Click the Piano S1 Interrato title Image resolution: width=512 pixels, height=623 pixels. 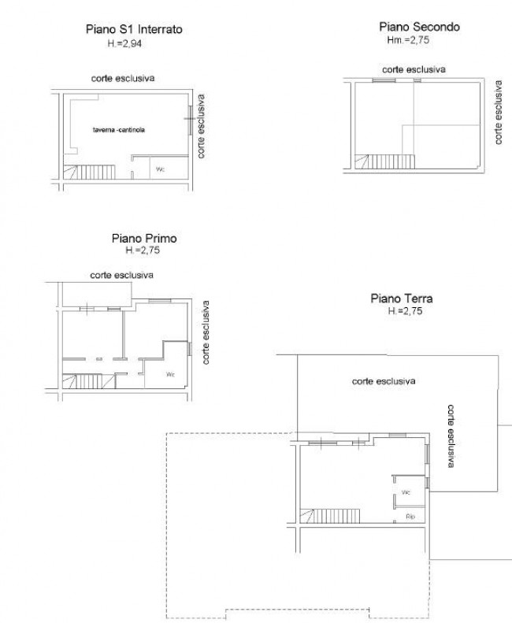click(134, 29)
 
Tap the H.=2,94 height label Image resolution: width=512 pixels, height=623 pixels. click(124, 43)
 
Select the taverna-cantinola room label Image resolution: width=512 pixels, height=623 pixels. click(119, 129)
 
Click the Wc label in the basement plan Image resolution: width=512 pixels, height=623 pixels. click(160, 169)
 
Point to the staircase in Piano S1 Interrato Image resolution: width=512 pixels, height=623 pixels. click(90, 172)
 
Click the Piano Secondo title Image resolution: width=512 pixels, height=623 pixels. click(419, 27)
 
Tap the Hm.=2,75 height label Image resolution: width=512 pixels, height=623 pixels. click(408, 39)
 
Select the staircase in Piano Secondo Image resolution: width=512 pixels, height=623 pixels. click(385, 161)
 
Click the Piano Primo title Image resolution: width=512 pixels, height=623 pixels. click(144, 239)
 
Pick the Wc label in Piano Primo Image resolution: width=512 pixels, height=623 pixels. click(170, 374)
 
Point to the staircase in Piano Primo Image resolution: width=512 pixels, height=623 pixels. click(89, 381)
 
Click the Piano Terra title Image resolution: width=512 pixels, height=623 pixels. click(402, 299)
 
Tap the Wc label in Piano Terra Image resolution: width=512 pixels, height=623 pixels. click(406, 492)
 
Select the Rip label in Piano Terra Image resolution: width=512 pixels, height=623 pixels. click(410, 517)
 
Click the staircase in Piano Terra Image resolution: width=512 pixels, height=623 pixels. click(330, 516)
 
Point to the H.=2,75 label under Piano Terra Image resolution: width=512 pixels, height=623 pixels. click(405, 310)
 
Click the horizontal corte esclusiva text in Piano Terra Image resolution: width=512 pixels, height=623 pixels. click(384, 381)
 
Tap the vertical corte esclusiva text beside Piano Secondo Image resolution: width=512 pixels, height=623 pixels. click(499, 113)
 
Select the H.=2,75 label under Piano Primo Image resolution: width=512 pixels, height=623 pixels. click(143, 250)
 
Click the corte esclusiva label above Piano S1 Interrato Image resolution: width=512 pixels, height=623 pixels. click(123, 78)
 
